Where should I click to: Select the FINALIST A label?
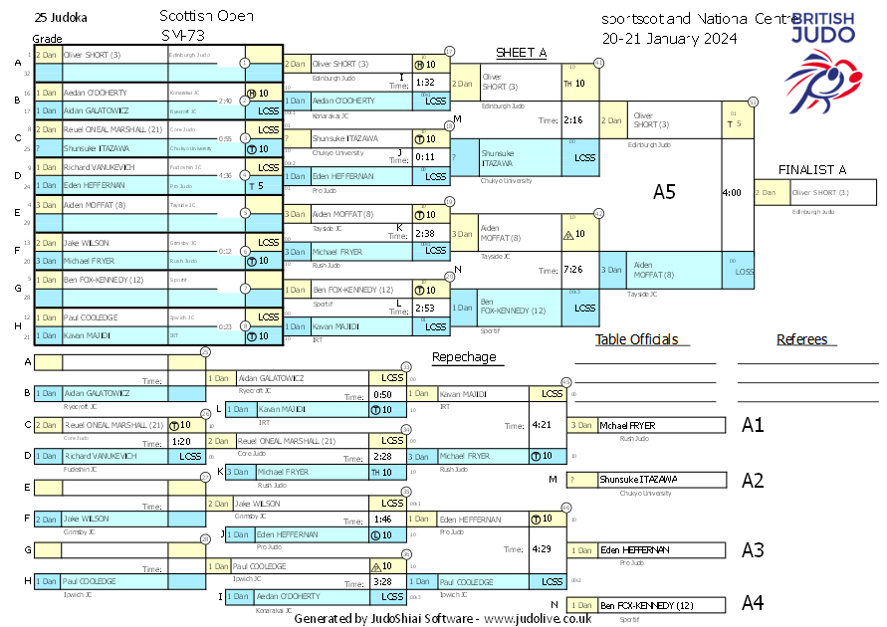click(811, 169)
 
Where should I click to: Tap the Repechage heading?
click(463, 356)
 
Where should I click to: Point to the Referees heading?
click(802, 339)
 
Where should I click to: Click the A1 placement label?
click(754, 426)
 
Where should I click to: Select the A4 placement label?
click(754, 603)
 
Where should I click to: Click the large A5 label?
click(664, 192)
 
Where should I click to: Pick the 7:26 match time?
click(572, 269)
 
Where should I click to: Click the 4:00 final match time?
click(732, 192)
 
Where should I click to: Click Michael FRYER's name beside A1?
click(627, 426)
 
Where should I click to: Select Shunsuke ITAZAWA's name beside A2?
click(637, 480)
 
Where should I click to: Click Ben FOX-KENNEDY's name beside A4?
click(646, 605)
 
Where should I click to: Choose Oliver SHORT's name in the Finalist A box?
click(820, 193)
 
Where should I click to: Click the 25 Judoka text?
click(60, 17)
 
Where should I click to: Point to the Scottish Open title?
click(206, 17)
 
